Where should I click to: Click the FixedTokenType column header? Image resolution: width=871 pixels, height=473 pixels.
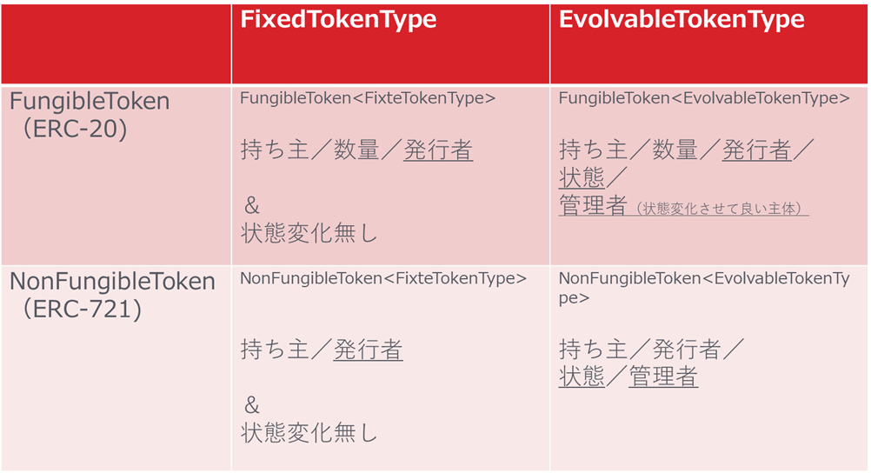point(338,20)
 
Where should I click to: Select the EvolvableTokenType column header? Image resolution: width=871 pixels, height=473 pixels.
point(682,20)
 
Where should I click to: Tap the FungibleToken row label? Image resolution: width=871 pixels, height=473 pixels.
point(90,102)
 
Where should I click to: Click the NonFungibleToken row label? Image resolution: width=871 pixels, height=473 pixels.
point(112,282)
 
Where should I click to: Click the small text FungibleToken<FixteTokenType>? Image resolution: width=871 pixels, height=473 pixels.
point(368,98)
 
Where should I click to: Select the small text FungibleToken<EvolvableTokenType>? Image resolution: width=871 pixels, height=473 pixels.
point(704,98)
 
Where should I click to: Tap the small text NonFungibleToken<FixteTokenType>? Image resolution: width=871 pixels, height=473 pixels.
point(383,278)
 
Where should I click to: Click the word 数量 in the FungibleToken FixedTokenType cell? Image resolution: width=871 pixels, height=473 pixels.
point(357,150)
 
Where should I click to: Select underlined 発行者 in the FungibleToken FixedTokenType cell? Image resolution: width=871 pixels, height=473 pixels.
point(438,150)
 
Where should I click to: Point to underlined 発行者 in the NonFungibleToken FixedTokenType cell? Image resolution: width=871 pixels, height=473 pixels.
point(368,350)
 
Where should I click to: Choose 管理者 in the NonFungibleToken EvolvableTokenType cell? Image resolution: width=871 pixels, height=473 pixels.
point(663,376)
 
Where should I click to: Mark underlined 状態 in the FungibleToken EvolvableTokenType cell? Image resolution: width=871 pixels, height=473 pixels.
point(582,178)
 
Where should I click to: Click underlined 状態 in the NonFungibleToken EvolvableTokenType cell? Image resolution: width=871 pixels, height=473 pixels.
point(582,376)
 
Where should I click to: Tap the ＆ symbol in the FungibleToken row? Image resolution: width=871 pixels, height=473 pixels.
point(252,206)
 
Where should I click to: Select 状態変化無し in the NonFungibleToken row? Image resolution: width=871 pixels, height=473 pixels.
point(309,432)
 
